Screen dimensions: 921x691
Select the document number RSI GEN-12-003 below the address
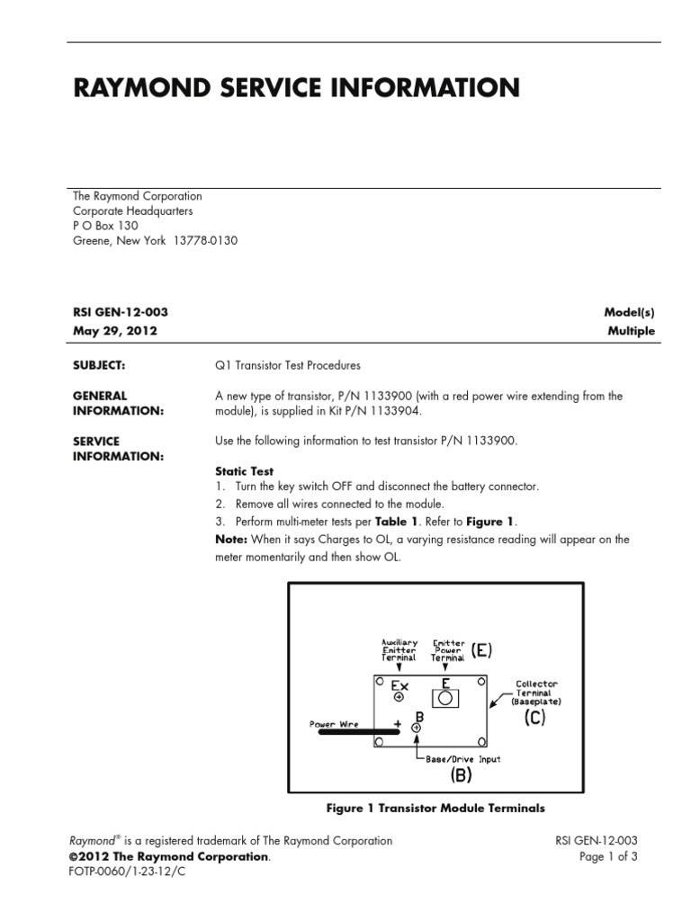120,312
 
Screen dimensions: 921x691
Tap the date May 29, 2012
115,330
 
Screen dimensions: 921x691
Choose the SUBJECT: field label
98,366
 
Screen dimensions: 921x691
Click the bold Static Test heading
244,470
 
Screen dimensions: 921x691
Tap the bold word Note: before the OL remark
229,540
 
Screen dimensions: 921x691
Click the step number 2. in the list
220,504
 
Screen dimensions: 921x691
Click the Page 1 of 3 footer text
609,857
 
